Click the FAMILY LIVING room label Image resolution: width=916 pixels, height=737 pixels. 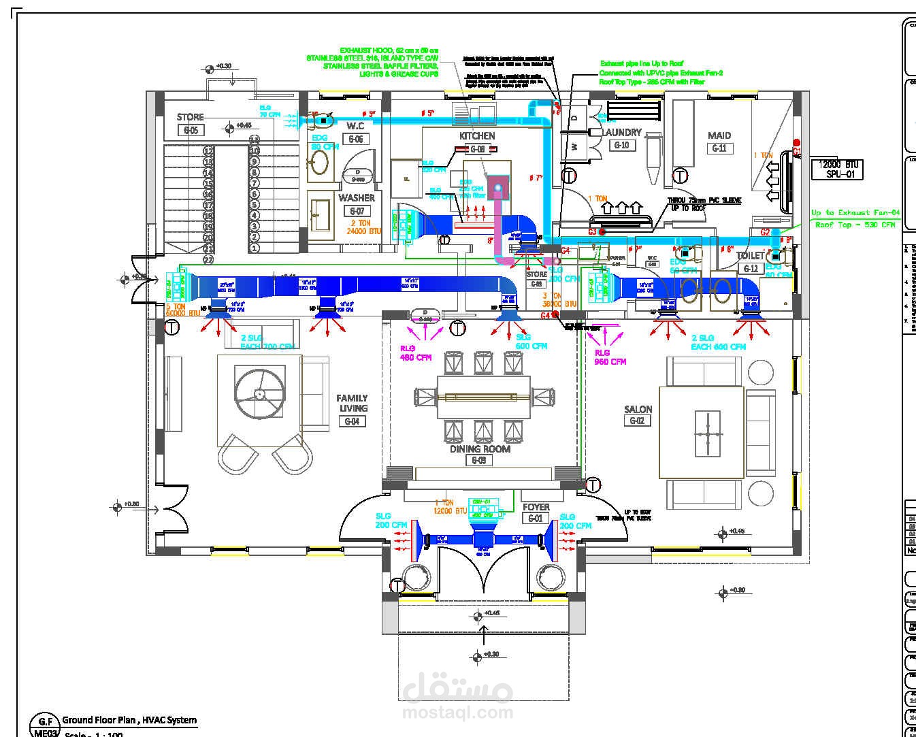click(x=352, y=403)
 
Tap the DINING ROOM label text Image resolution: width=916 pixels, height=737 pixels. click(x=480, y=449)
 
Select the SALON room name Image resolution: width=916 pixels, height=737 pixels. click(x=638, y=410)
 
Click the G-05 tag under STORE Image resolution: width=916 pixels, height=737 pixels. click(x=191, y=130)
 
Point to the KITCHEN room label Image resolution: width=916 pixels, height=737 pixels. click(x=477, y=136)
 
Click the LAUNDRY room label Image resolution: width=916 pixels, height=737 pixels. click(x=622, y=132)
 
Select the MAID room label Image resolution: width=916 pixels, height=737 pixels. click(x=719, y=135)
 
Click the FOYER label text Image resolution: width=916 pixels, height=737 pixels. click(x=536, y=507)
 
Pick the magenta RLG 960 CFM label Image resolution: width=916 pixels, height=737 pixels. click(x=610, y=357)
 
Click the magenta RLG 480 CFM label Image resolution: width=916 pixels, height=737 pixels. click(x=416, y=353)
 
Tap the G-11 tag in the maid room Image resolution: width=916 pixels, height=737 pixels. click(x=719, y=148)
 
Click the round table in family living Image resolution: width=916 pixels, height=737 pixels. click(x=259, y=393)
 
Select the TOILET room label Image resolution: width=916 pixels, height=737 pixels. click(x=750, y=256)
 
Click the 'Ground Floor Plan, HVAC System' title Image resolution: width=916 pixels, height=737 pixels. click(x=129, y=720)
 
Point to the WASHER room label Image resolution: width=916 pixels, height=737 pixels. click(x=357, y=198)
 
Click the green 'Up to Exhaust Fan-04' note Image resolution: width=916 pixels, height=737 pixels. click(x=855, y=213)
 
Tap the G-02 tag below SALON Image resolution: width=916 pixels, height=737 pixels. click(x=637, y=421)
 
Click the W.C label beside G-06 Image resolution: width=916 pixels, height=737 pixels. click(x=355, y=126)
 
